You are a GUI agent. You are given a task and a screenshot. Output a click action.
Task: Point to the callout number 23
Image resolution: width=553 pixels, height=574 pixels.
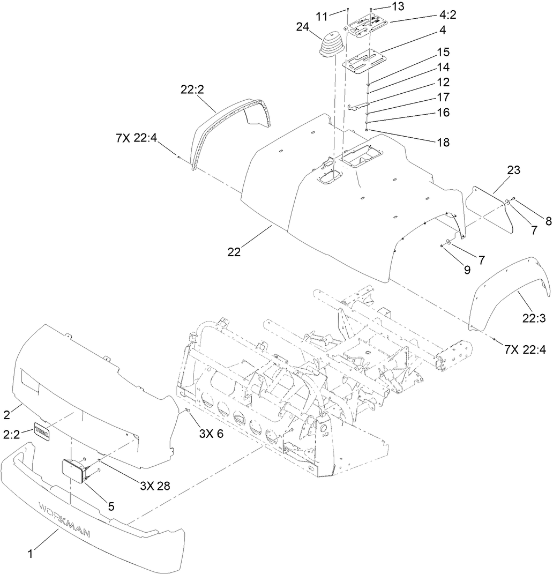[513, 170]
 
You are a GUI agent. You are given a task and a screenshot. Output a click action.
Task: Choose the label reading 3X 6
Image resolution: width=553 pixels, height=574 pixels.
[211, 434]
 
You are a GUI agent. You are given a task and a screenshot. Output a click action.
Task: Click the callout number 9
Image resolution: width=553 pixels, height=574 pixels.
[467, 271]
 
